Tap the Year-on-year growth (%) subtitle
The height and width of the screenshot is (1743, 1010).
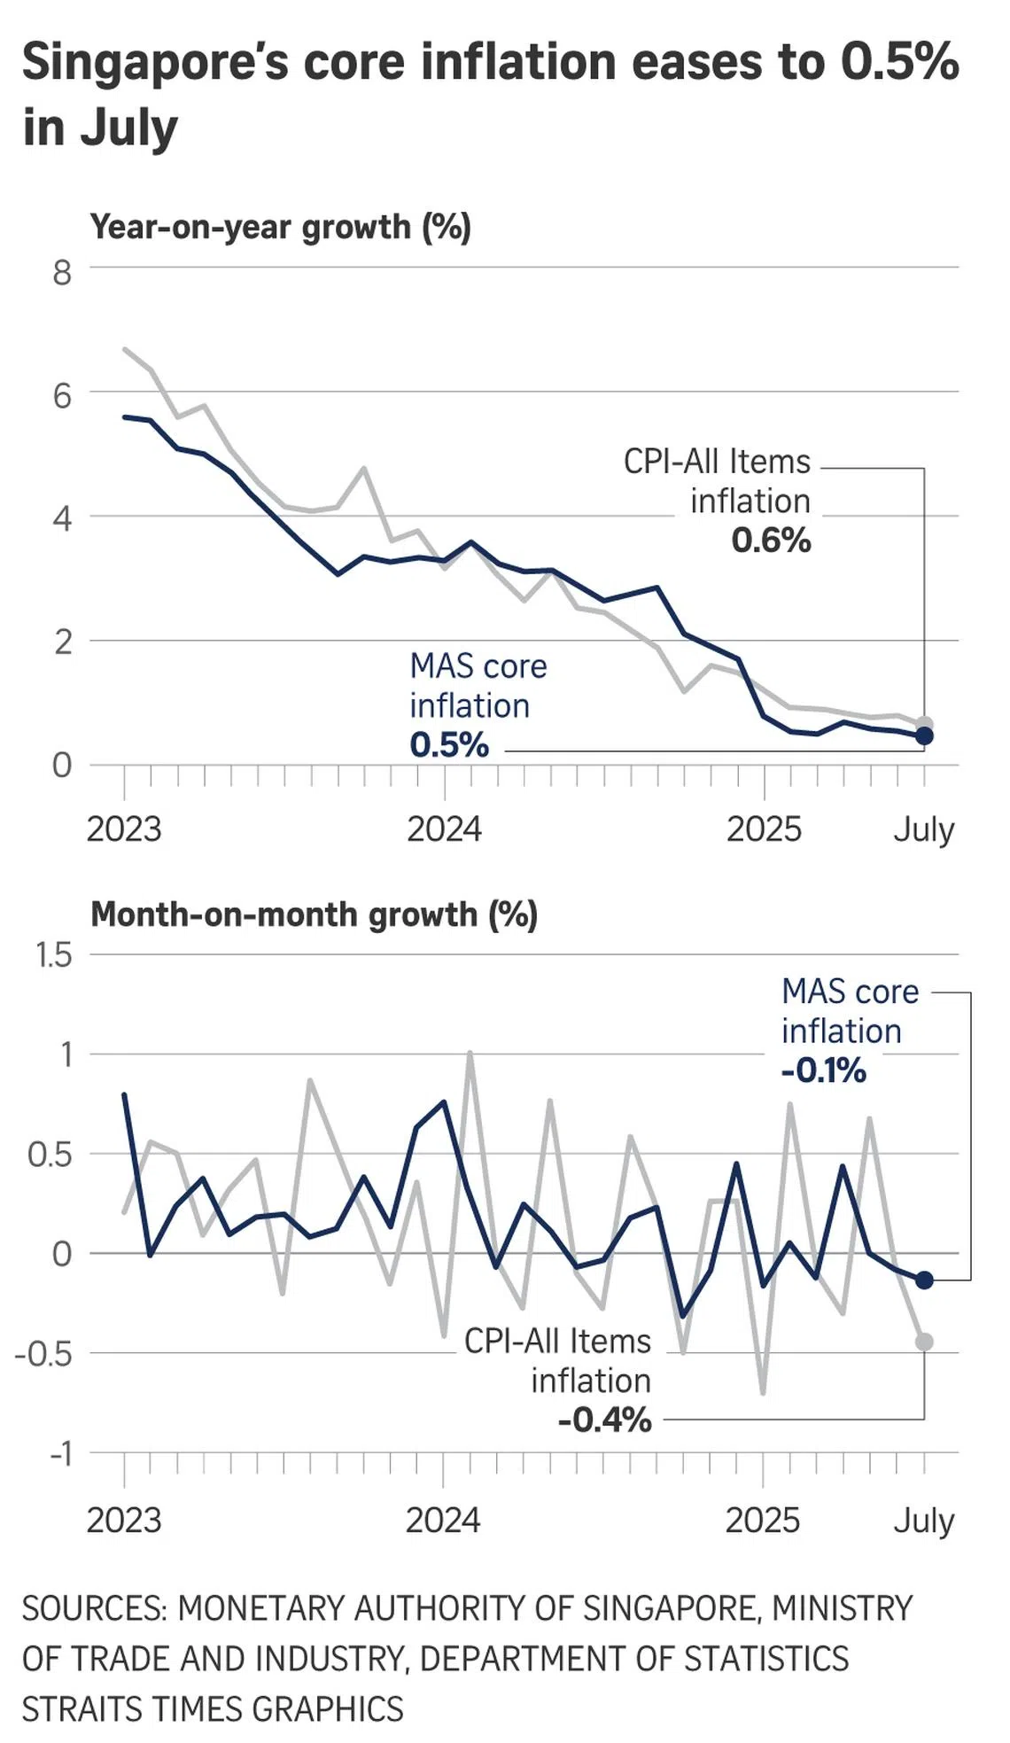click(280, 227)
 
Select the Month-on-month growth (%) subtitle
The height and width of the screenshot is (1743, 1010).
click(314, 914)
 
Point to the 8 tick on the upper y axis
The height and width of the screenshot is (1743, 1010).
click(61, 272)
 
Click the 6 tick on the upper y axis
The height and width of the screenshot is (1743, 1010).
click(61, 395)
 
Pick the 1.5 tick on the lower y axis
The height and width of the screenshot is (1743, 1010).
click(53, 955)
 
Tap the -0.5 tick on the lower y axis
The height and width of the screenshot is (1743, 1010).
click(43, 1354)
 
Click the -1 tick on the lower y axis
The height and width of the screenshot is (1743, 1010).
click(60, 1453)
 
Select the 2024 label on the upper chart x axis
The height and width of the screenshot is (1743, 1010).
click(444, 829)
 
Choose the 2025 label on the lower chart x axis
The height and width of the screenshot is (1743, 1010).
click(762, 1521)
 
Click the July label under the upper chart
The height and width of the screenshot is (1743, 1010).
click(923, 829)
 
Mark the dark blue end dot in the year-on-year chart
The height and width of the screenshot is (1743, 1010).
click(924, 735)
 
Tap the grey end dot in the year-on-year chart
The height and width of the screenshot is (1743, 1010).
click(924, 724)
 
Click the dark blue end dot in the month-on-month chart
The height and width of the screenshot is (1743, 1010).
click(924, 1280)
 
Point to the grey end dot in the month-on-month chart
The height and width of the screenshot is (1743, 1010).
click(924, 1342)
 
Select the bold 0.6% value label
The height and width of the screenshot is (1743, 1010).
click(771, 541)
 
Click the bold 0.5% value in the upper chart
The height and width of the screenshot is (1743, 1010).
click(449, 745)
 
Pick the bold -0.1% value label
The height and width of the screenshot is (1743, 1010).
click(823, 1070)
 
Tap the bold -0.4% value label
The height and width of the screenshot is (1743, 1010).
click(604, 1420)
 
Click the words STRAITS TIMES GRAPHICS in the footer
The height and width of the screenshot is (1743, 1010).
click(213, 1708)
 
